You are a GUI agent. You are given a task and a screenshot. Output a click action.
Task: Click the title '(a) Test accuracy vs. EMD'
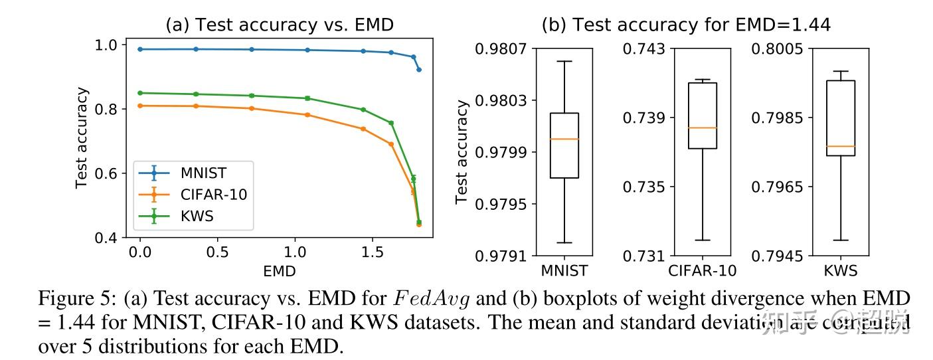click(279, 25)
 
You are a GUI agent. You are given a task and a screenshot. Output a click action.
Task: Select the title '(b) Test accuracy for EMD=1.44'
click(686, 25)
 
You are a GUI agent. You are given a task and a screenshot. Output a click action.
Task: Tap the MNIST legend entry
click(203, 173)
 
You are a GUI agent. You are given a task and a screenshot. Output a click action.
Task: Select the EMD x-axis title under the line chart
click(279, 270)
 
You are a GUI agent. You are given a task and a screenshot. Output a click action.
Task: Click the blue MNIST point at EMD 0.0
click(140, 49)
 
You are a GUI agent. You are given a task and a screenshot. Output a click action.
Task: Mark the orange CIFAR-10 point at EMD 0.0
click(140, 106)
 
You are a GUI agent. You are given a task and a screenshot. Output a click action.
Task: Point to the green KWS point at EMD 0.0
click(140, 93)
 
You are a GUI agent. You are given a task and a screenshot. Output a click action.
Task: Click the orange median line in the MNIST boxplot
click(564, 139)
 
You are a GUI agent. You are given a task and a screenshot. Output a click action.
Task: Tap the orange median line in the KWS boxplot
click(840, 146)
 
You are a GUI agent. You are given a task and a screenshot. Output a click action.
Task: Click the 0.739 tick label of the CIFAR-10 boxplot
click(643, 118)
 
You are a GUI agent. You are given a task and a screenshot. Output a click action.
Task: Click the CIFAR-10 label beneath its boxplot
click(702, 270)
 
